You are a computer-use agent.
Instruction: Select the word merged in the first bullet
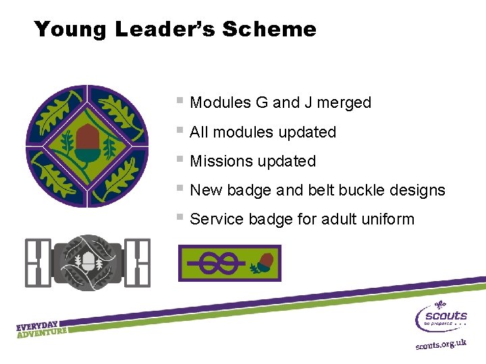click(x=344, y=103)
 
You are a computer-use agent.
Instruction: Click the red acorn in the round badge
click(x=86, y=139)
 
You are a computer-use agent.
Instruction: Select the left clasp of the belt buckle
click(x=37, y=262)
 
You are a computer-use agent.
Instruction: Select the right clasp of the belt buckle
click(x=138, y=262)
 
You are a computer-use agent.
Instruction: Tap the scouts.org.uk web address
click(x=440, y=344)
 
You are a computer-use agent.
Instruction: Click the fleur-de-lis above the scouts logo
click(x=441, y=304)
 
